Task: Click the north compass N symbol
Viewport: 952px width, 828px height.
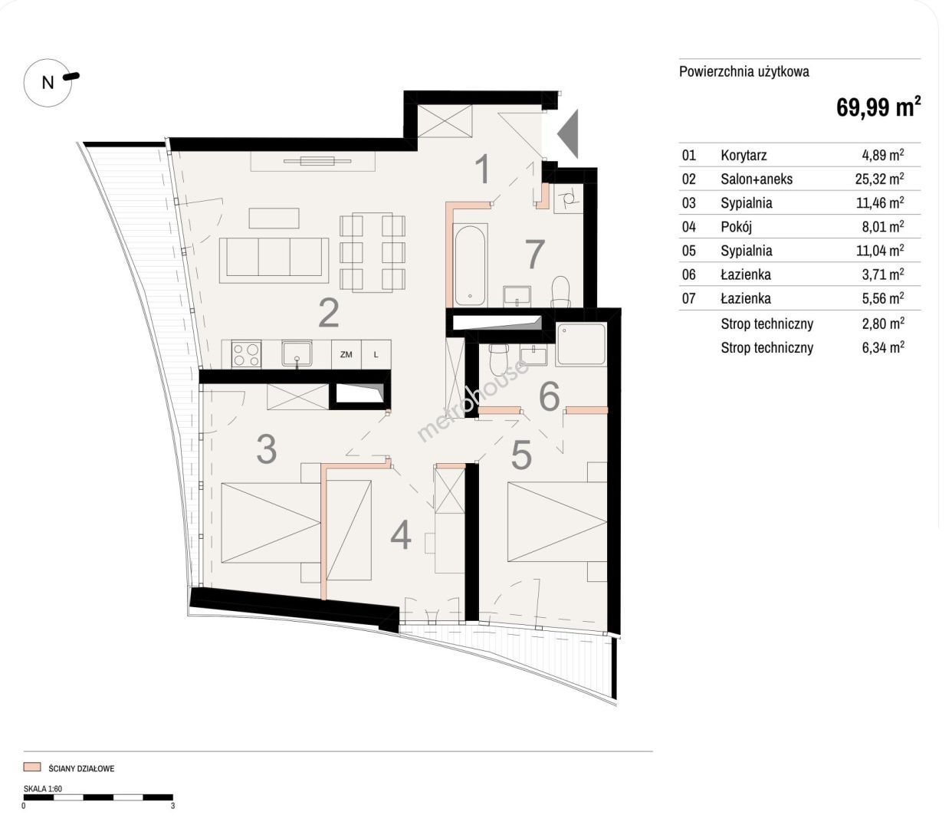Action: [x=48, y=83]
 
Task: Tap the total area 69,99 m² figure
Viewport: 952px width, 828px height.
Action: [x=878, y=107]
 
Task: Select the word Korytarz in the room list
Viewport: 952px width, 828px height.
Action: [x=744, y=155]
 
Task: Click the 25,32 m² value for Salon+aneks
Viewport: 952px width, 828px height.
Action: [x=879, y=179]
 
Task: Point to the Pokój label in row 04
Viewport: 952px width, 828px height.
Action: [x=736, y=227]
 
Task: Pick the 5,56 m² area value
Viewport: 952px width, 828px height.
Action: [x=883, y=298]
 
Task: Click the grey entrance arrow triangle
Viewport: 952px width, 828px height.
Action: [x=568, y=134]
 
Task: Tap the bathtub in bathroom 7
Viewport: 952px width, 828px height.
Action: [x=471, y=264]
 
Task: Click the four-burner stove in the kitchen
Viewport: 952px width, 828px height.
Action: [x=246, y=355]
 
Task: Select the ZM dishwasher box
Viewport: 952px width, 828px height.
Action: [x=346, y=355]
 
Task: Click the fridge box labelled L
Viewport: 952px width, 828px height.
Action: [x=376, y=355]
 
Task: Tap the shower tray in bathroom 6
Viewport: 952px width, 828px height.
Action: [x=582, y=344]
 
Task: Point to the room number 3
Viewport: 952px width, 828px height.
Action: [x=267, y=449]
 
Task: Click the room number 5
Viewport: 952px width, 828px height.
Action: [x=521, y=455]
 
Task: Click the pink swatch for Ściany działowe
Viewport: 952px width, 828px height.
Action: [x=32, y=767]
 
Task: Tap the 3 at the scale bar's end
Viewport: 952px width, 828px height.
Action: [x=172, y=806]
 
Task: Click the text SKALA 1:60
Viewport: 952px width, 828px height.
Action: [x=43, y=789]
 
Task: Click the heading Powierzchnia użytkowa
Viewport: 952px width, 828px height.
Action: [x=744, y=71]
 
